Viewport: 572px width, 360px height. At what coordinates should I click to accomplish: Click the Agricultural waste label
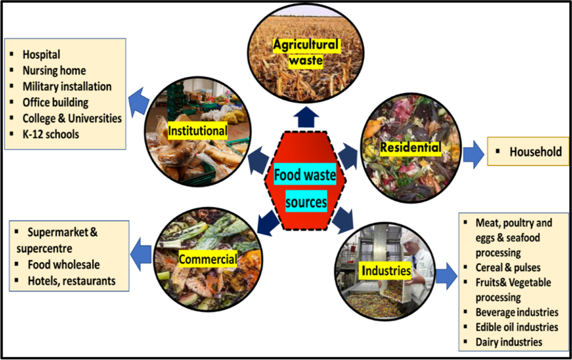(x=306, y=52)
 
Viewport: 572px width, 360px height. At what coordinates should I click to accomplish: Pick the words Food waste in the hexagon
(x=305, y=176)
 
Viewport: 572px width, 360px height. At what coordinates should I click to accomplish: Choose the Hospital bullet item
(x=41, y=55)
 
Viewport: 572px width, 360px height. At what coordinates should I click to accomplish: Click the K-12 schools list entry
(x=51, y=134)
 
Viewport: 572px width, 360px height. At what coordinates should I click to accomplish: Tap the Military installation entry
(x=67, y=86)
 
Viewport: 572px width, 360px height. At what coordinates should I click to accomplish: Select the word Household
(x=535, y=152)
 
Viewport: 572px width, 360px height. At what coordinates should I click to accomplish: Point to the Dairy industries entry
(x=509, y=342)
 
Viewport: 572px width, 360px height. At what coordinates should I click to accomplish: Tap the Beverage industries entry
(x=517, y=313)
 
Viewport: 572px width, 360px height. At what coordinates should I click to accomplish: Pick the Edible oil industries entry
(x=517, y=327)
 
